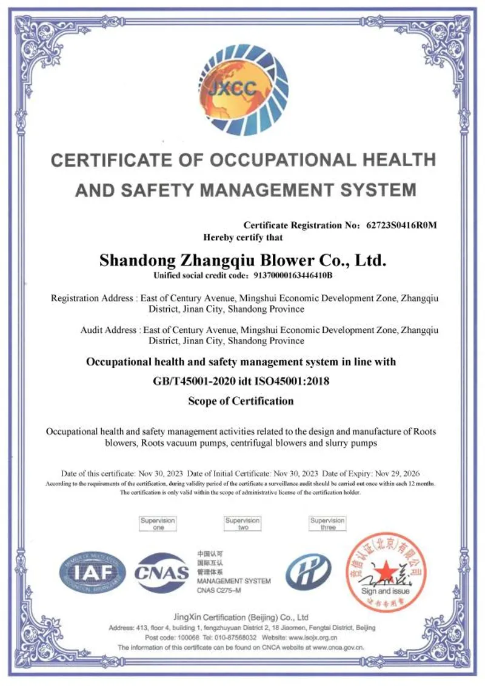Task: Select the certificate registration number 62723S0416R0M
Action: click(401, 225)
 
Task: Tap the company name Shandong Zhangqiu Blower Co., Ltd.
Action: click(242, 261)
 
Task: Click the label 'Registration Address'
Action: click(92, 298)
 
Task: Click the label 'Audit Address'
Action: click(109, 330)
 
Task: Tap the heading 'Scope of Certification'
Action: click(241, 401)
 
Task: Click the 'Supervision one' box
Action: click(158, 524)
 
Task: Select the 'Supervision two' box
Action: click(242, 524)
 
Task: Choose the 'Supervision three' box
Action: click(327, 524)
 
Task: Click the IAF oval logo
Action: click(93, 573)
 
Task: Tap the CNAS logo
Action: click(161, 573)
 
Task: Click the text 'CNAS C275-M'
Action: click(219, 590)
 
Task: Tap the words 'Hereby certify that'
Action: click(242, 238)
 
